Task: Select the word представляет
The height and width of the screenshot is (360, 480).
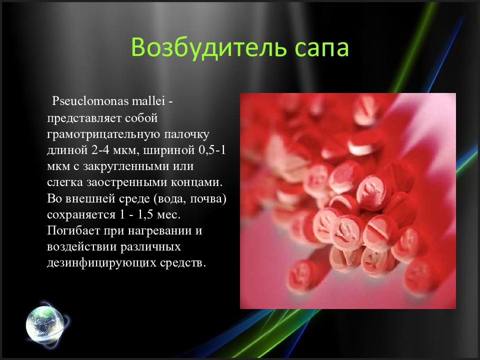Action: pos(78,119)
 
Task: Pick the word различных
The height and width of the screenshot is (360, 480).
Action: pos(147,246)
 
